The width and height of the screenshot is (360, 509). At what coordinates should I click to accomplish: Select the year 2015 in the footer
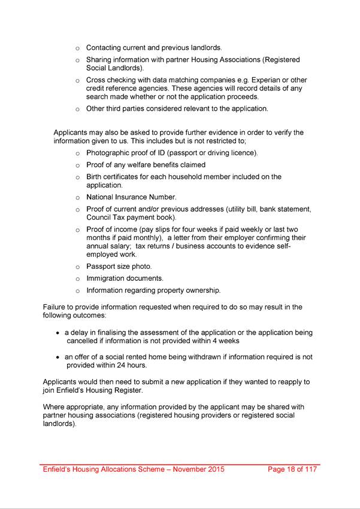tap(214, 469)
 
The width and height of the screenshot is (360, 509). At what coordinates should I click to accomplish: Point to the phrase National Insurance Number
tap(131, 197)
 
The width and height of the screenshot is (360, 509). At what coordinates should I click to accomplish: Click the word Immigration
tap(107, 278)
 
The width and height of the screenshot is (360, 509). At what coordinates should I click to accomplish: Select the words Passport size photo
tap(119, 266)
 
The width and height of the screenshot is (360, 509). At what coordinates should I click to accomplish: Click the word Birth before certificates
tap(95, 177)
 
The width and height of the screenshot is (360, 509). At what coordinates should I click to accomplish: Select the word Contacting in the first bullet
tap(106, 47)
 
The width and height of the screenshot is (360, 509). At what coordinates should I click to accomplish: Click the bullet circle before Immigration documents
tap(78, 279)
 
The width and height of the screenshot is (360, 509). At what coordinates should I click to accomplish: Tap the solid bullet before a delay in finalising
tap(58, 333)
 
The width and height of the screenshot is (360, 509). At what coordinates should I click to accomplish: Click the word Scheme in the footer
tap(148, 469)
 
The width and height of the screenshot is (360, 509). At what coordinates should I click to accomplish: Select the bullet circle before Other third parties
tap(78, 110)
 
